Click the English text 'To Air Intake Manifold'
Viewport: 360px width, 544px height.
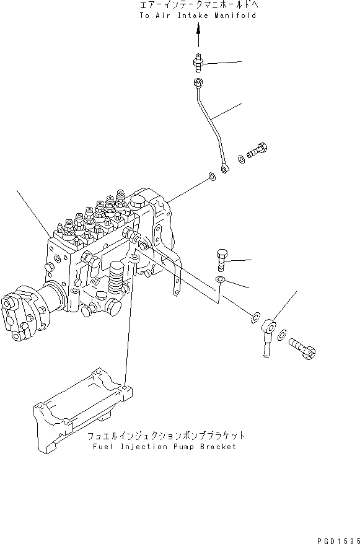pos(198,15)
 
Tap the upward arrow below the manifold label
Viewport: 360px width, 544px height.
pos(198,37)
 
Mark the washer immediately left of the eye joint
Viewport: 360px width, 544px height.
pos(255,318)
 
